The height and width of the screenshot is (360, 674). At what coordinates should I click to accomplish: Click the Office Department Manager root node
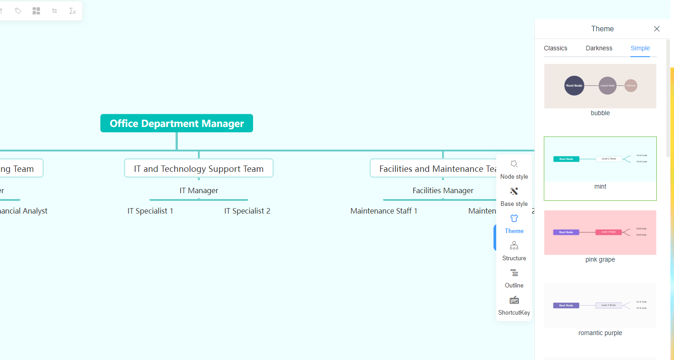[176, 123]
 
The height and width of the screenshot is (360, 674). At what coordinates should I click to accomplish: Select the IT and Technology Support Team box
[199, 168]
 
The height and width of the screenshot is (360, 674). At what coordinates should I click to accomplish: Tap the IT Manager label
[199, 190]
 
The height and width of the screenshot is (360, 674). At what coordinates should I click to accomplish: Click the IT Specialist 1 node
[150, 211]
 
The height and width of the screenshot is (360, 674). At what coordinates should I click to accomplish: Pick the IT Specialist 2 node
[247, 211]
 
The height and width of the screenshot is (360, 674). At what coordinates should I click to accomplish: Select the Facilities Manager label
[443, 190]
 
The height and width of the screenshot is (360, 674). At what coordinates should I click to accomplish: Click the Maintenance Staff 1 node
[384, 211]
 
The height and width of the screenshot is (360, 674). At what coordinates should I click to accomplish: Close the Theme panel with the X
[656, 29]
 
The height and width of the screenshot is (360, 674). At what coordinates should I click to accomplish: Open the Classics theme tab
[556, 48]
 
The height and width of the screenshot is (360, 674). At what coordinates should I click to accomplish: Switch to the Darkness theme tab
[599, 48]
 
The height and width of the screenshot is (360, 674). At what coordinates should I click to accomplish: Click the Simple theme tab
[640, 48]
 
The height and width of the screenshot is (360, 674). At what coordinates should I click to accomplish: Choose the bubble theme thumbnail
[600, 86]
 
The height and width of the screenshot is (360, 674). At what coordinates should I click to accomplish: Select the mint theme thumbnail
[600, 160]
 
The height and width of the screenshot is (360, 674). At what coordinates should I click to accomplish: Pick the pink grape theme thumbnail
[600, 233]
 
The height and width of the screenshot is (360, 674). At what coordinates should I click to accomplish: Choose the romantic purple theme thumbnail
[600, 306]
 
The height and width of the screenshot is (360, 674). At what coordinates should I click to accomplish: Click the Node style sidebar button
[514, 169]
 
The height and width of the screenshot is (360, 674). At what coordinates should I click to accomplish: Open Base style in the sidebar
[514, 196]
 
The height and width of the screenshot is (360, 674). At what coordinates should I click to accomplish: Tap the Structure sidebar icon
[514, 251]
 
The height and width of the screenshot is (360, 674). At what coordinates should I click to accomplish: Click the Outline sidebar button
[514, 278]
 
